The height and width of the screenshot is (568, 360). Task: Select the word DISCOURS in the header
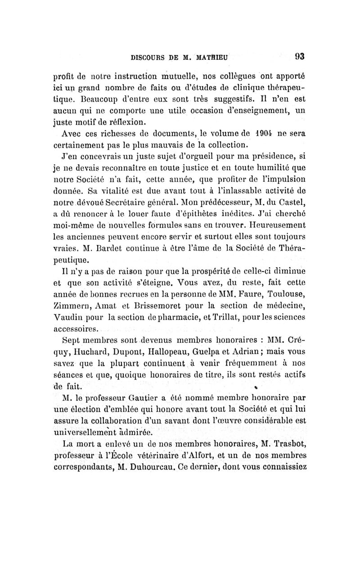[145, 58]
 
